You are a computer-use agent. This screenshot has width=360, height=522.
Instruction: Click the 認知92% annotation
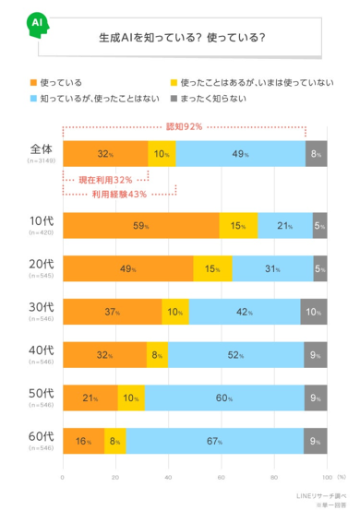click(184, 126)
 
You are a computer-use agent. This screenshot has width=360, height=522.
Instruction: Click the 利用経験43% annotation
click(114, 194)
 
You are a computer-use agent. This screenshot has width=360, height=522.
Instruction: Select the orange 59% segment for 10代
click(140, 225)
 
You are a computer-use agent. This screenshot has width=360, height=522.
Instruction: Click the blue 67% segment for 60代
click(214, 442)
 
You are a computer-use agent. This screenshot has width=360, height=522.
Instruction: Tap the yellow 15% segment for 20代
click(212, 268)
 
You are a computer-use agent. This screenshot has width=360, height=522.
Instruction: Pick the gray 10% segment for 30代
click(314, 312)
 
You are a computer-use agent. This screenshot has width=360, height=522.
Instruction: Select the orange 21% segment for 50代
click(90, 398)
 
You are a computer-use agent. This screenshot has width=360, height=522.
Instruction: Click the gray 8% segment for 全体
click(317, 153)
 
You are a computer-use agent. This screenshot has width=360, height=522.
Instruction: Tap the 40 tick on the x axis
click(168, 477)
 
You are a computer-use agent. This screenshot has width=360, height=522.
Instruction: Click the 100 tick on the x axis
click(326, 477)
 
